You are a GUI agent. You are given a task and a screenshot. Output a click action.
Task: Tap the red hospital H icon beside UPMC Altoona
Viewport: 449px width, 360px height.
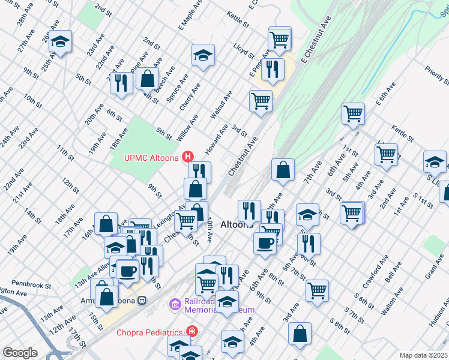click(x=188, y=158)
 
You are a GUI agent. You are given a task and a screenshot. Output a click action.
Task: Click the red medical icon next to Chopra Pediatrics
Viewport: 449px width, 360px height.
click(x=191, y=331)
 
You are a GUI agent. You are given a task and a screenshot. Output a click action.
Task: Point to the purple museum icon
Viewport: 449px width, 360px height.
click(x=175, y=305)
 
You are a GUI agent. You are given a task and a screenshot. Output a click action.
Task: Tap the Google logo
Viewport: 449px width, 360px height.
click(x=20, y=353)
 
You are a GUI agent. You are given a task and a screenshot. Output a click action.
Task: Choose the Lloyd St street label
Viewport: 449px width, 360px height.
click(x=245, y=52)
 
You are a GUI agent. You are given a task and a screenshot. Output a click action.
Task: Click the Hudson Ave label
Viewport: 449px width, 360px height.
click(x=439, y=313)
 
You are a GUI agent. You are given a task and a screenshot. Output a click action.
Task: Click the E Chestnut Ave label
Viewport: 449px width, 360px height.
click(x=317, y=40)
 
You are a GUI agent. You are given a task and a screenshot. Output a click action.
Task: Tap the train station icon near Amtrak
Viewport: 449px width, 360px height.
click(x=142, y=300)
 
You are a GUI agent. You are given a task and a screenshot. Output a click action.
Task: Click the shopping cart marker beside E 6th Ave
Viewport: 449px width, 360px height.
click(x=353, y=112)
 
